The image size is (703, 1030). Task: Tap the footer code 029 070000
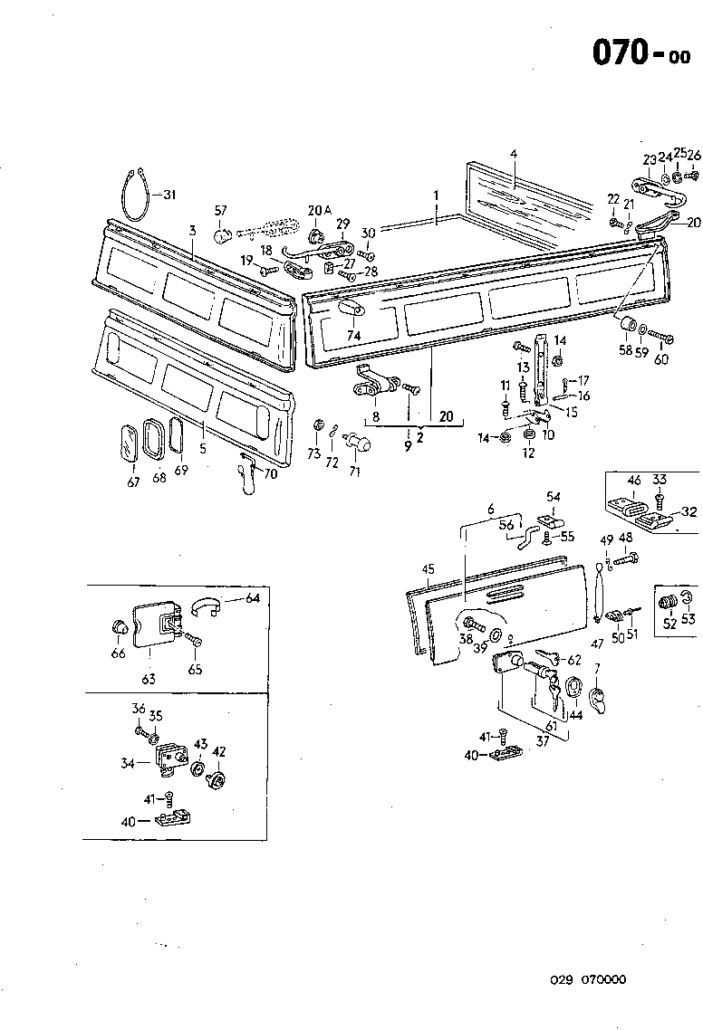coord(587,979)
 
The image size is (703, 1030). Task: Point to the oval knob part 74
coord(351,309)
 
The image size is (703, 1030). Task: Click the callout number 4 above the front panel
coord(513,155)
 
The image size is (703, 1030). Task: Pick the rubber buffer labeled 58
coord(623,325)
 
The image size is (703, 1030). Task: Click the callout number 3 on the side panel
coord(192,232)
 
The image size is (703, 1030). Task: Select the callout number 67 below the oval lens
coord(134,482)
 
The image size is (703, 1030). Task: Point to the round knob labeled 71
coord(361,445)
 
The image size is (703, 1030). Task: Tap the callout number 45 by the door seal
coord(429,569)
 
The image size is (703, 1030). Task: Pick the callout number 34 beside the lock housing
coord(129,763)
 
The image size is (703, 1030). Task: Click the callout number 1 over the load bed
coord(436,195)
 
